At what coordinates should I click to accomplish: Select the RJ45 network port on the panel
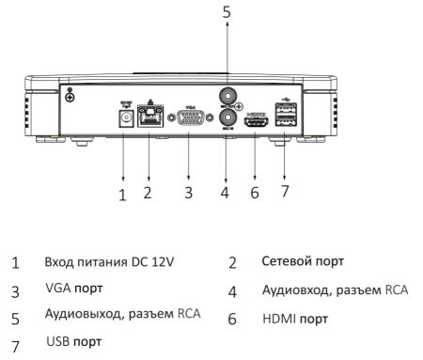(149, 117)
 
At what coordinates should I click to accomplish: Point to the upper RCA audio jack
(226, 95)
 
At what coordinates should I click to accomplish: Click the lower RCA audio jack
(226, 127)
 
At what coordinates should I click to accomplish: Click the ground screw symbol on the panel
(72, 92)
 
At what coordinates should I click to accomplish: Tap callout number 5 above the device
(226, 12)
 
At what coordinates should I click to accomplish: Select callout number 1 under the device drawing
(121, 196)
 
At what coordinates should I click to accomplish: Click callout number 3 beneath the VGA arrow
(189, 194)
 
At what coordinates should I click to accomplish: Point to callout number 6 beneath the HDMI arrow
(254, 194)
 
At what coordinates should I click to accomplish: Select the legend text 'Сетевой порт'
(303, 261)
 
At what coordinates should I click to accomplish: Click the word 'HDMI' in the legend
(278, 320)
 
